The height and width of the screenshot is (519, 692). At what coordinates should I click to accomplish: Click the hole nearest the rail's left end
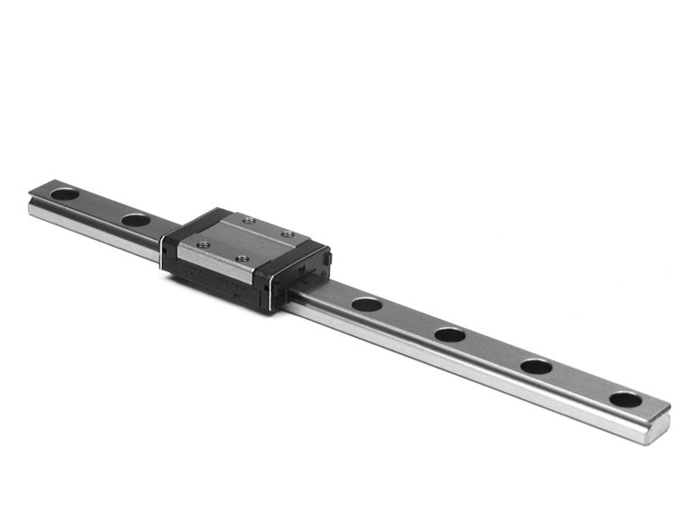(x=64, y=193)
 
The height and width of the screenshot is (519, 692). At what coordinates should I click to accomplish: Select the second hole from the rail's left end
(x=135, y=219)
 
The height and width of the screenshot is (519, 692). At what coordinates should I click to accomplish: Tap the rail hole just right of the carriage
(x=367, y=304)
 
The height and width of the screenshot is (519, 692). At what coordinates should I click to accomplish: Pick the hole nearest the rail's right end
(x=625, y=399)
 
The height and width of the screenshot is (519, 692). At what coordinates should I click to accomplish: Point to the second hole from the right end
(x=537, y=367)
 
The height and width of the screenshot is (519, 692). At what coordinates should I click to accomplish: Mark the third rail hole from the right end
(x=450, y=334)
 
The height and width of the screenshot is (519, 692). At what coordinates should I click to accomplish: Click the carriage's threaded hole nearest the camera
(x=241, y=259)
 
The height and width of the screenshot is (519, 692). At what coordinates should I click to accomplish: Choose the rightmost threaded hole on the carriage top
(x=287, y=235)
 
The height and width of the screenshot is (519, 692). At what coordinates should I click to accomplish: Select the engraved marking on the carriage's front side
(x=216, y=275)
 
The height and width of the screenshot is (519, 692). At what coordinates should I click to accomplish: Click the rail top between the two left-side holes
(x=99, y=205)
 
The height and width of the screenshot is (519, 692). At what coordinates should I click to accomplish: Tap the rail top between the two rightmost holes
(x=581, y=383)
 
